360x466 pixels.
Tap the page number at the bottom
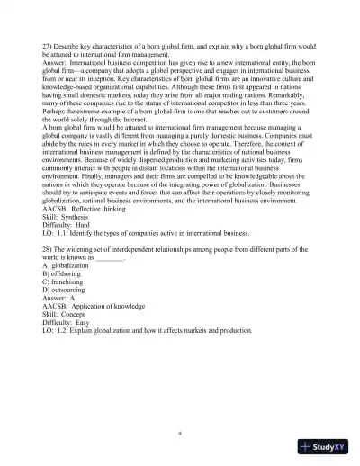tap(181, 432)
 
